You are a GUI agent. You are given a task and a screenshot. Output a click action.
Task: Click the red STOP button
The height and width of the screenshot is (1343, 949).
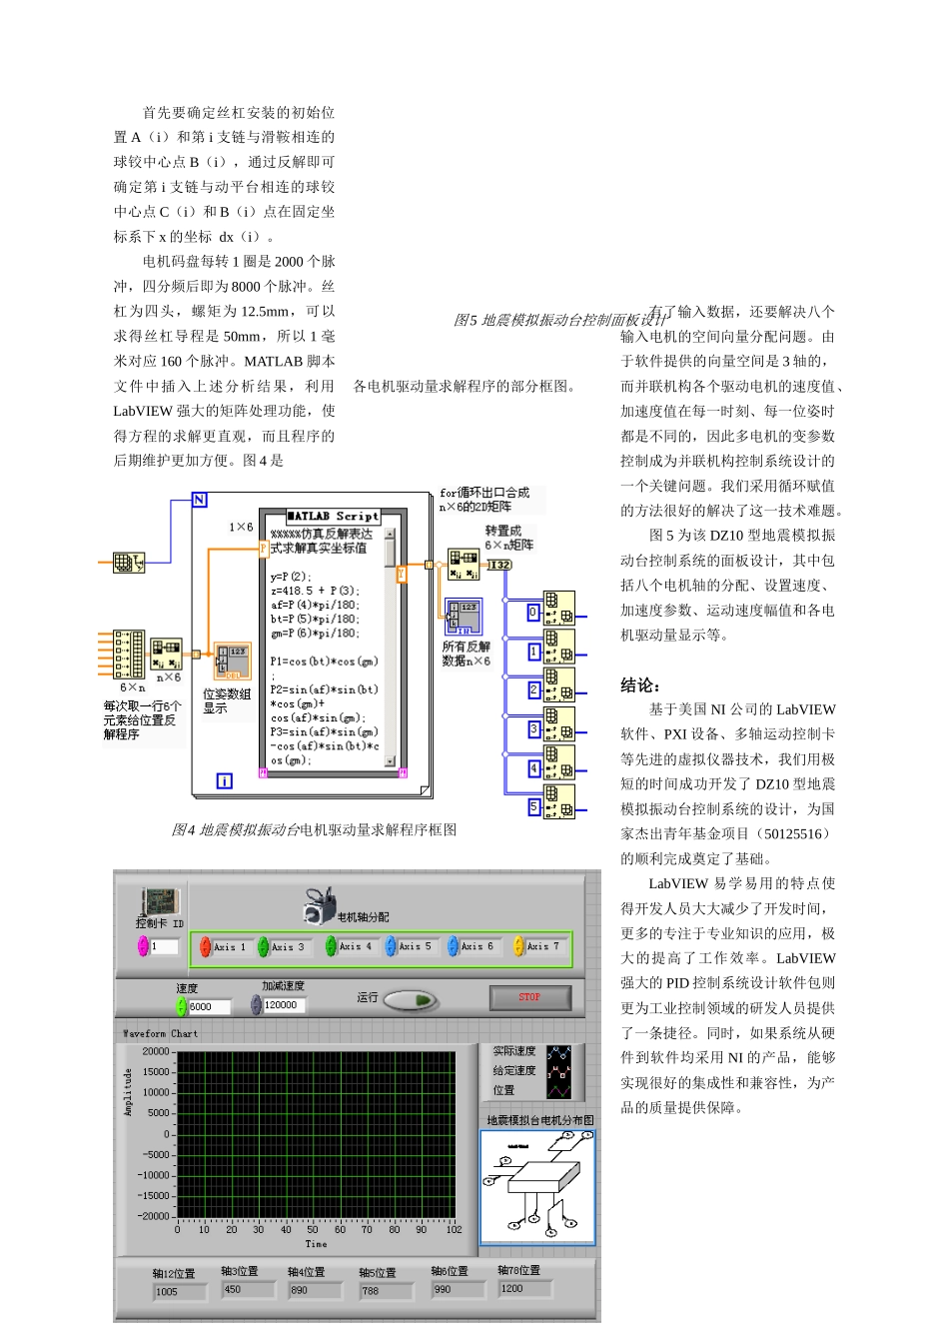pyautogui.click(x=529, y=997)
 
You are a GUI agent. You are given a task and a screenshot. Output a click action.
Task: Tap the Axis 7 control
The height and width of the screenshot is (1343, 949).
pyautogui.click(x=536, y=946)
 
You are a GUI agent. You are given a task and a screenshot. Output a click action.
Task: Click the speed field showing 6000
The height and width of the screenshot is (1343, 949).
pyautogui.click(x=208, y=1007)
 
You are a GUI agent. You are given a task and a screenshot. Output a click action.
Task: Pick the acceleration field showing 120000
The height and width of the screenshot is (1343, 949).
pyautogui.click(x=287, y=1005)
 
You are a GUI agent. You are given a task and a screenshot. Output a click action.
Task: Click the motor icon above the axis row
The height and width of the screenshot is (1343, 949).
pyautogui.click(x=319, y=906)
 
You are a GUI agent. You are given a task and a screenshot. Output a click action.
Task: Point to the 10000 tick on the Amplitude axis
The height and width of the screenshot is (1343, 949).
pyautogui.click(x=156, y=1093)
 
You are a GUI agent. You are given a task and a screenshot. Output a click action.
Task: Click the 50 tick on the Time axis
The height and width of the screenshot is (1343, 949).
pyautogui.click(x=313, y=1230)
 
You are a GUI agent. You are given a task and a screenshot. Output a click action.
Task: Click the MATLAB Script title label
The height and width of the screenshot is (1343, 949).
pyautogui.click(x=333, y=517)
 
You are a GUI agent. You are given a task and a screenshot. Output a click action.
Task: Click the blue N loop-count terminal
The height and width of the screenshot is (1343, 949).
pyautogui.click(x=199, y=500)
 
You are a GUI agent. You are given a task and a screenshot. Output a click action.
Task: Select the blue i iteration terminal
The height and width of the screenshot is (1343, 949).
pyautogui.click(x=225, y=780)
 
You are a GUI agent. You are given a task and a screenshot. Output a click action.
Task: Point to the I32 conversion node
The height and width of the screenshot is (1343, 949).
pyautogui.click(x=498, y=566)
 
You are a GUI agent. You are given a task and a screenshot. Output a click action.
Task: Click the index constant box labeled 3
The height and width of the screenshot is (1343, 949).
pyautogui.click(x=534, y=730)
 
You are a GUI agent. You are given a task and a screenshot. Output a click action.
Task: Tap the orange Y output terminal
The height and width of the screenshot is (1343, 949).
pyautogui.click(x=402, y=574)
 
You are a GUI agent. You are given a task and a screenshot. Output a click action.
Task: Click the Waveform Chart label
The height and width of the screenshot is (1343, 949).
pyautogui.click(x=160, y=1034)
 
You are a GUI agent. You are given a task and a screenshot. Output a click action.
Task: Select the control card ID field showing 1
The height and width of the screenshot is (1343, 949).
pyautogui.click(x=165, y=946)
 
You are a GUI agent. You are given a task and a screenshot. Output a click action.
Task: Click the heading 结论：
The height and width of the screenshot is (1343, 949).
pyautogui.click(x=640, y=685)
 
